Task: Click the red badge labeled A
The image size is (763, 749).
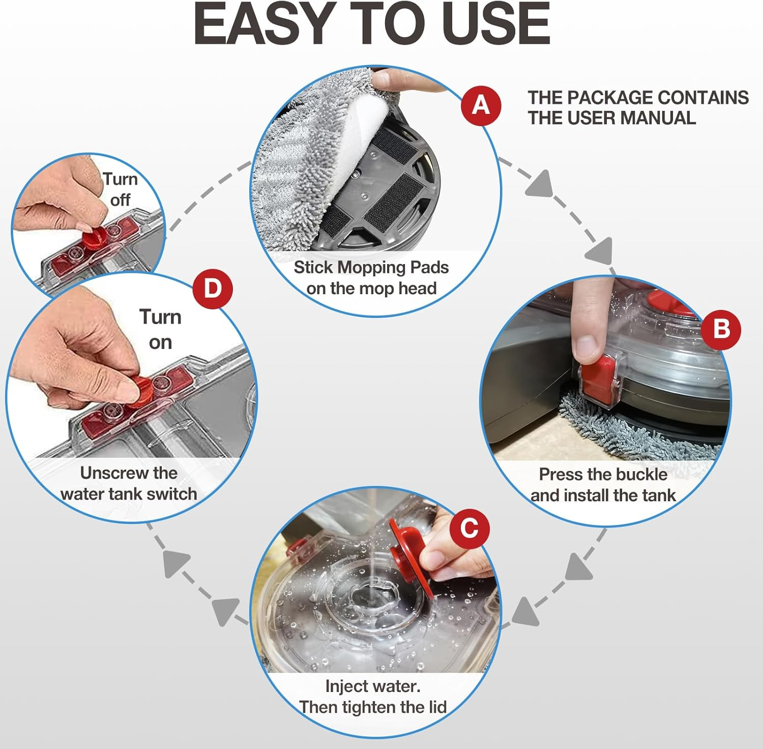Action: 481,105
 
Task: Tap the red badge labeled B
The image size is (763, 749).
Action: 721,329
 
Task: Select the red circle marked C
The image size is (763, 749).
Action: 469,528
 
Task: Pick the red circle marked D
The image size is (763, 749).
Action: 212,289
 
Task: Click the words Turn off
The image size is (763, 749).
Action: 120,189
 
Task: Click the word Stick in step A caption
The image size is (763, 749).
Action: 313,267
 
